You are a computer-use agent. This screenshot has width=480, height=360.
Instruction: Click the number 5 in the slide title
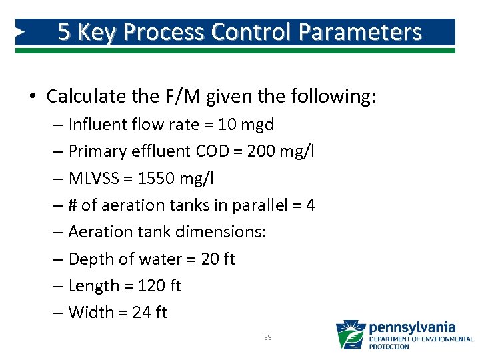pyautogui.click(x=65, y=32)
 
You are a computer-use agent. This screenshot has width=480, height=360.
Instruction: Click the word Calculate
pyautogui.click(x=83, y=97)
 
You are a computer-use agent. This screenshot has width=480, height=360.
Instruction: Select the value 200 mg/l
pyautogui.click(x=281, y=151)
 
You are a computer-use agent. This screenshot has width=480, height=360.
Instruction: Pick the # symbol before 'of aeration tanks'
pyautogui.click(x=73, y=205)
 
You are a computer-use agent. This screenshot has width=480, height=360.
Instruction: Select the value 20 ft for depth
pyautogui.click(x=217, y=259)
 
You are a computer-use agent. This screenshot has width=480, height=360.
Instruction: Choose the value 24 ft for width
pyautogui.click(x=149, y=312)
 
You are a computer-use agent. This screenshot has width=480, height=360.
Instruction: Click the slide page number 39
pyautogui.click(x=267, y=338)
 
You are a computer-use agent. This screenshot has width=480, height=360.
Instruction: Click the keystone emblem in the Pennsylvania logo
pyautogui.click(x=350, y=335)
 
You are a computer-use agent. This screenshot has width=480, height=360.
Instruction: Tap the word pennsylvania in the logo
pyautogui.click(x=412, y=327)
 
